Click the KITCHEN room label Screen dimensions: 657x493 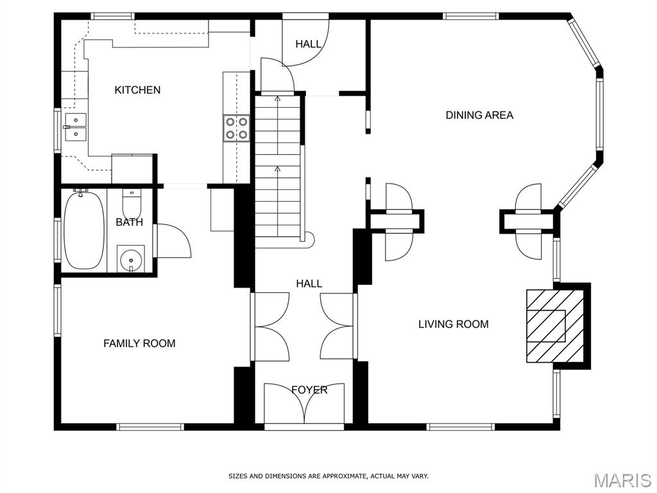[x=137, y=90]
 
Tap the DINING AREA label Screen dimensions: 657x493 [x=479, y=115]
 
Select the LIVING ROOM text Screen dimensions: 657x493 [x=454, y=324]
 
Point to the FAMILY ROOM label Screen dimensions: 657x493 [x=139, y=343]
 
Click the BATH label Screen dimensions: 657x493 [x=130, y=221]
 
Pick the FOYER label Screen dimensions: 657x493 [x=309, y=390]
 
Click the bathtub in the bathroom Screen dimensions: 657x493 [x=84, y=230]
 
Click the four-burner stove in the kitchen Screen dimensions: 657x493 [x=236, y=128]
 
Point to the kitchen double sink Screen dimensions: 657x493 [x=76, y=127]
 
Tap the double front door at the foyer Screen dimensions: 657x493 [x=304, y=403]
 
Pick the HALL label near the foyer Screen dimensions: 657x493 [x=309, y=284]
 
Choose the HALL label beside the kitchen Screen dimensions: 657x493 [x=309, y=44]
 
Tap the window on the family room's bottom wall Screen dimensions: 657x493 [x=150, y=427]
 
